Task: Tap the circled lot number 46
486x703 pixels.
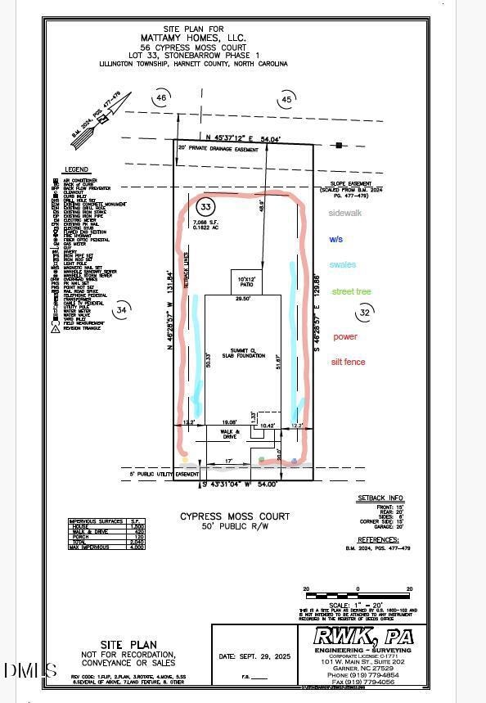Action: [x=161, y=99]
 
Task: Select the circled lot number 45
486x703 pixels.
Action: [x=286, y=100]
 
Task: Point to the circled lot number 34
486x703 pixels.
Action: [x=121, y=310]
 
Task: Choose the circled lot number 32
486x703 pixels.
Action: [x=365, y=312]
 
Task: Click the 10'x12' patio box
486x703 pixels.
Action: [x=246, y=282]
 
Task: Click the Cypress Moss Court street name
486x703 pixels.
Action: [x=235, y=516]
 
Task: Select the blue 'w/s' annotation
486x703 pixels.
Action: [x=336, y=240]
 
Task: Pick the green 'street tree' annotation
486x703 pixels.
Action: [x=351, y=291]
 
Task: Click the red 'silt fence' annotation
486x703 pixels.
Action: [x=348, y=362]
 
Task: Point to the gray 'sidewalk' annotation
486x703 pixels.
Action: [x=344, y=213]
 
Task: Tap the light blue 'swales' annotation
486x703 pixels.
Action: [x=343, y=264]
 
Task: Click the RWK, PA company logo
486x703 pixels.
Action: [x=365, y=637]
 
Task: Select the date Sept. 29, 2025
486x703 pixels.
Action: [x=254, y=656]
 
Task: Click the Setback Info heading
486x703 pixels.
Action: [x=380, y=498]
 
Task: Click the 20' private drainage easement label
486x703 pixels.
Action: [x=221, y=150]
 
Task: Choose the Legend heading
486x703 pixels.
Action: [x=76, y=170]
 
